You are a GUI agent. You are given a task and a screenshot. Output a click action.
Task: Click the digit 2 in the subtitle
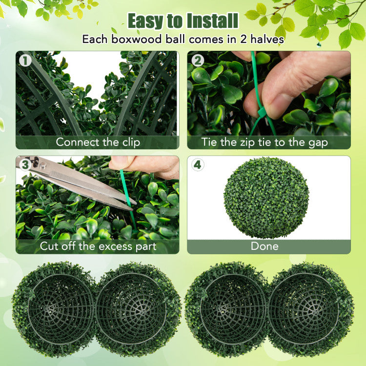tap(243, 39)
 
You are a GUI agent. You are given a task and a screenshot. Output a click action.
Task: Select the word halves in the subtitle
tap(267, 39)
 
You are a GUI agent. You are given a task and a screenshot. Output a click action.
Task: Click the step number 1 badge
tap(25, 61)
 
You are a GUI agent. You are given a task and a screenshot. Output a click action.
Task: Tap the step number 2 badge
tap(198, 61)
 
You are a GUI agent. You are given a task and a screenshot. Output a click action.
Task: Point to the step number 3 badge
tap(25, 164)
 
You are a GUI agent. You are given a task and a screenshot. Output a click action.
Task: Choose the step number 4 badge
tap(198, 164)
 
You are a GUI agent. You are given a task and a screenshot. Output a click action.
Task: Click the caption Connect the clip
tap(98, 142)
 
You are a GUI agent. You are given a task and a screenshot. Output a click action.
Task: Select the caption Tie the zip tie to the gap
tap(264, 142)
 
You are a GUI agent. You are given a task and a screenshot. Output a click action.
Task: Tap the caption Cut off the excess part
tap(98, 246)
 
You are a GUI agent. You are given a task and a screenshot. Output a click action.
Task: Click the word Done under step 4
tap(264, 246)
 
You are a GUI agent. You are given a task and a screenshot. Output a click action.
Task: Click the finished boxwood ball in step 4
tap(266, 198)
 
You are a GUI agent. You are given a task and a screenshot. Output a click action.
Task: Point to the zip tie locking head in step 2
tap(262, 114)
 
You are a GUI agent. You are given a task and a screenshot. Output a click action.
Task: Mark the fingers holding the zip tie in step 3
tap(145, 166)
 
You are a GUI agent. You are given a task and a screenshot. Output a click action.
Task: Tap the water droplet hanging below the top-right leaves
tap(319, 44)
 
